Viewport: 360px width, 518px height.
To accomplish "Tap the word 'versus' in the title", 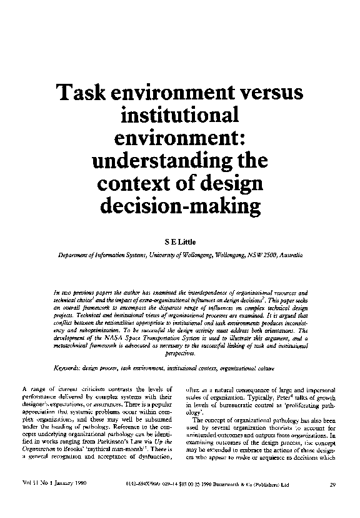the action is [274, 94].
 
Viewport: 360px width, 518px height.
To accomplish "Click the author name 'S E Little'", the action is [179, 241].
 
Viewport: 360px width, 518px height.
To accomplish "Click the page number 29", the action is [333, 484].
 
